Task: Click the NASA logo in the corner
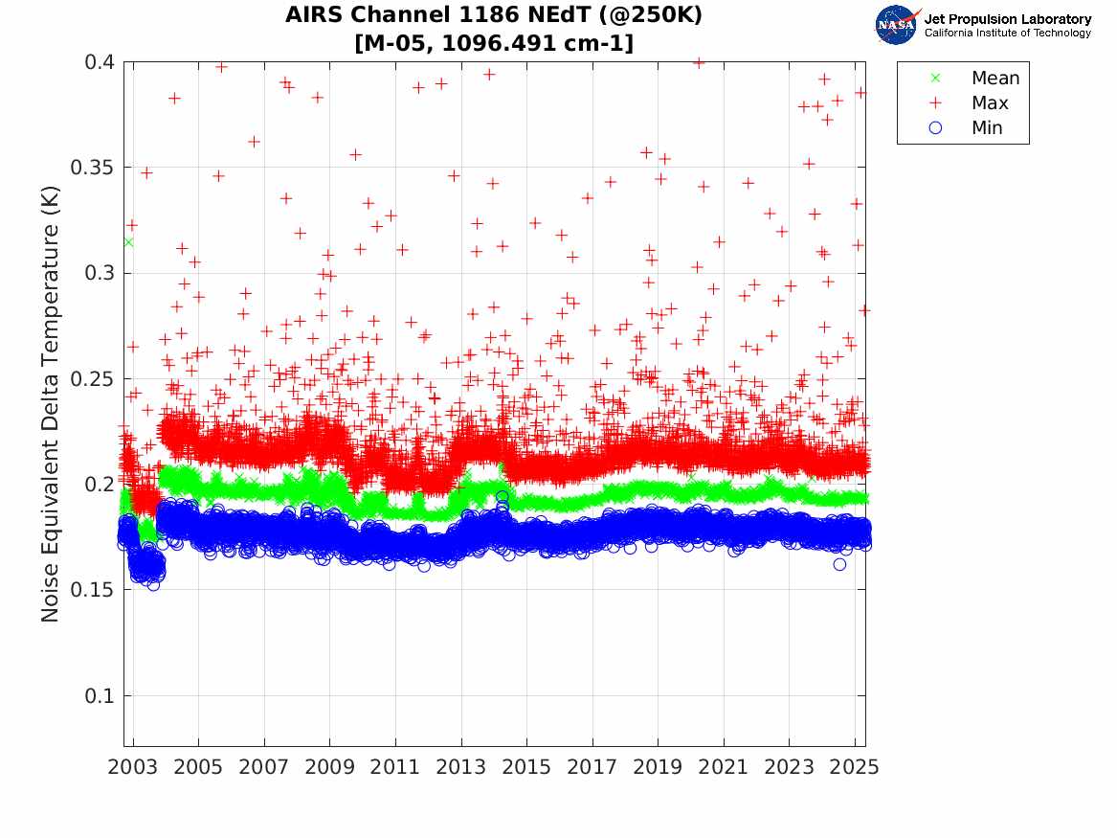(897, 24)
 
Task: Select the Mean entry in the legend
(994, 79)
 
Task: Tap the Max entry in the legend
(989, 103)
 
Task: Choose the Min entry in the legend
(987, 128)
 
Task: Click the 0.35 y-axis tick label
(93, 168)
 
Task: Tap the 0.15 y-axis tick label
(93, 590)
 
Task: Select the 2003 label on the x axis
(133, 767)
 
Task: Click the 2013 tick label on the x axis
(461, 767)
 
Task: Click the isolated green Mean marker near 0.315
(128, 242)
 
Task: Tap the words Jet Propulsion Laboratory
(1007, 19)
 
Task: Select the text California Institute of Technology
(1007, 34)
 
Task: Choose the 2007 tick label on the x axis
(264, 767)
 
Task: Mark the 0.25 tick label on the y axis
(93, 379)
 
